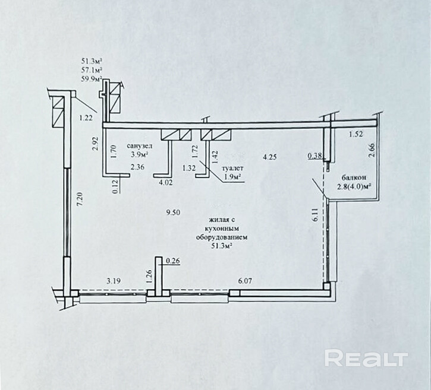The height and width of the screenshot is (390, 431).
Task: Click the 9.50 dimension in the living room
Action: (x=174, y=212)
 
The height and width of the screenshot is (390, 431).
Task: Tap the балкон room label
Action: (x=354, y=177)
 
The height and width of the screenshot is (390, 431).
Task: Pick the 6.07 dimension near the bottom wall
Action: (x=245, y=281)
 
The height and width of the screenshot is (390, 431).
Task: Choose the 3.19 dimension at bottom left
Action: (x=115, y=281)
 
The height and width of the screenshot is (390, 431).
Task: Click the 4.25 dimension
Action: (x=270, y=157)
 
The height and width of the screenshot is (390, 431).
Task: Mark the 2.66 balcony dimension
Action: (x=372, y=148)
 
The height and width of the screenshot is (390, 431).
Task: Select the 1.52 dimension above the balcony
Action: (x=355, y=134)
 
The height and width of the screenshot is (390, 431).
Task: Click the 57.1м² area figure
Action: (x=92, y=69)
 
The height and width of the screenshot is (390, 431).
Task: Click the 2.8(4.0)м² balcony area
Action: (x=354, y=187)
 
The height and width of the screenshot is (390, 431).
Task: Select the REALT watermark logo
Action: (x=366, y=359)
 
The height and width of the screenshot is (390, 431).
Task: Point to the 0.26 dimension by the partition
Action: (x=174, y=260)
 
